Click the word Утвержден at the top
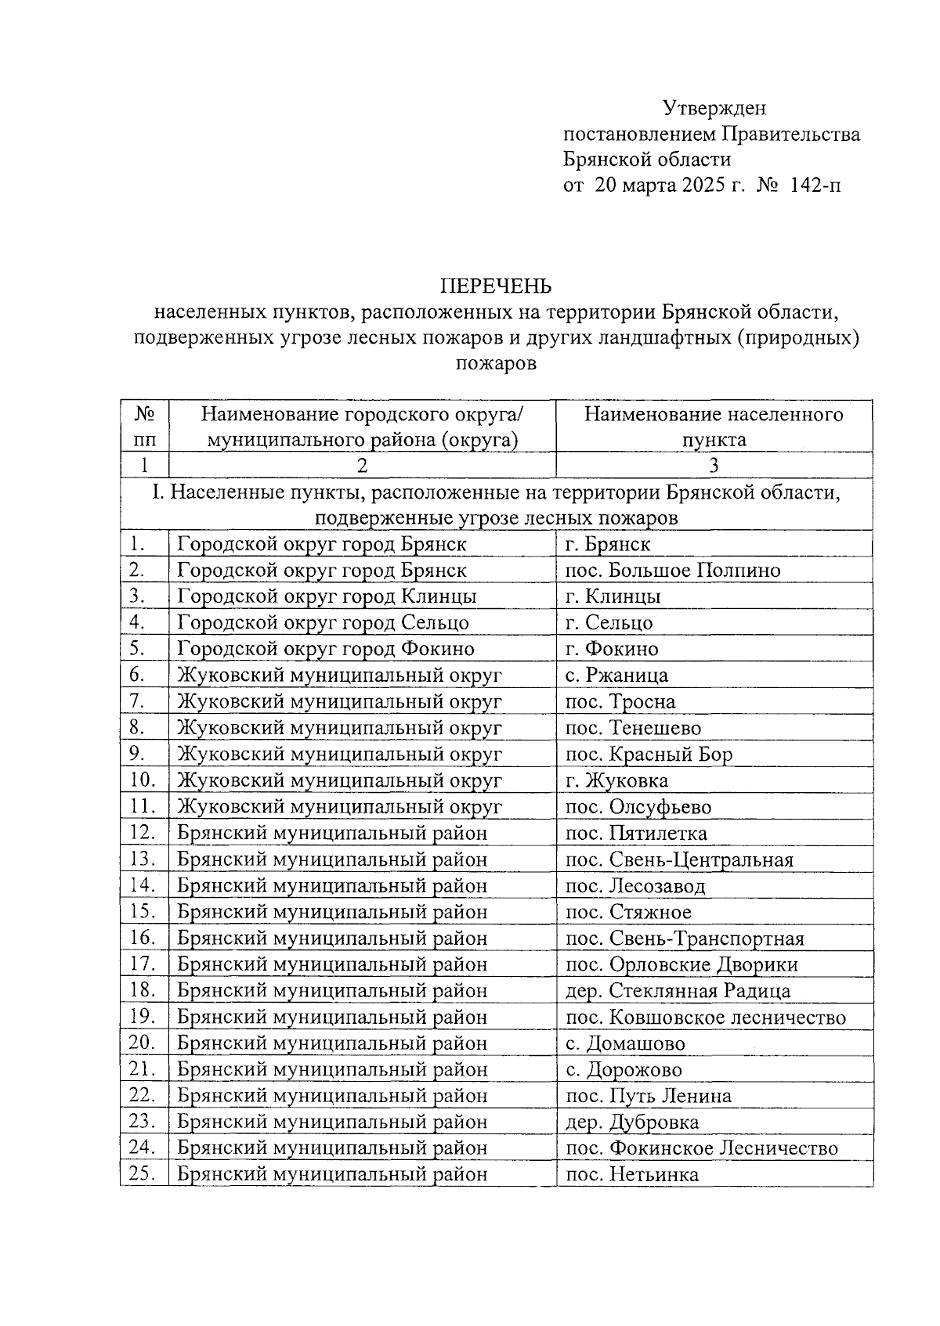[714, 108]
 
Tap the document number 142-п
[816, 186]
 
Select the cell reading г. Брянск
[608, 544]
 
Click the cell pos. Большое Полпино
[673, 571]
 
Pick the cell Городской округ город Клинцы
[327, 596]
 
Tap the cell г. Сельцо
[609, 623]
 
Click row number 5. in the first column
[138, 649]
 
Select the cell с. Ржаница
[616, 676]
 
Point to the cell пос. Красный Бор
[649, 755]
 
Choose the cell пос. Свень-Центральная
[679, 859]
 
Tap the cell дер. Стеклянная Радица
[678, 991]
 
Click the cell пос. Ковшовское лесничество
[705, 1018]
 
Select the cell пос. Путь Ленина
[648, 1096]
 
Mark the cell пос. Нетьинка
[631, 1175]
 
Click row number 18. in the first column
[143, 990]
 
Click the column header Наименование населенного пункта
[714, 427]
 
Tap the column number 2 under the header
[362, 466]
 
